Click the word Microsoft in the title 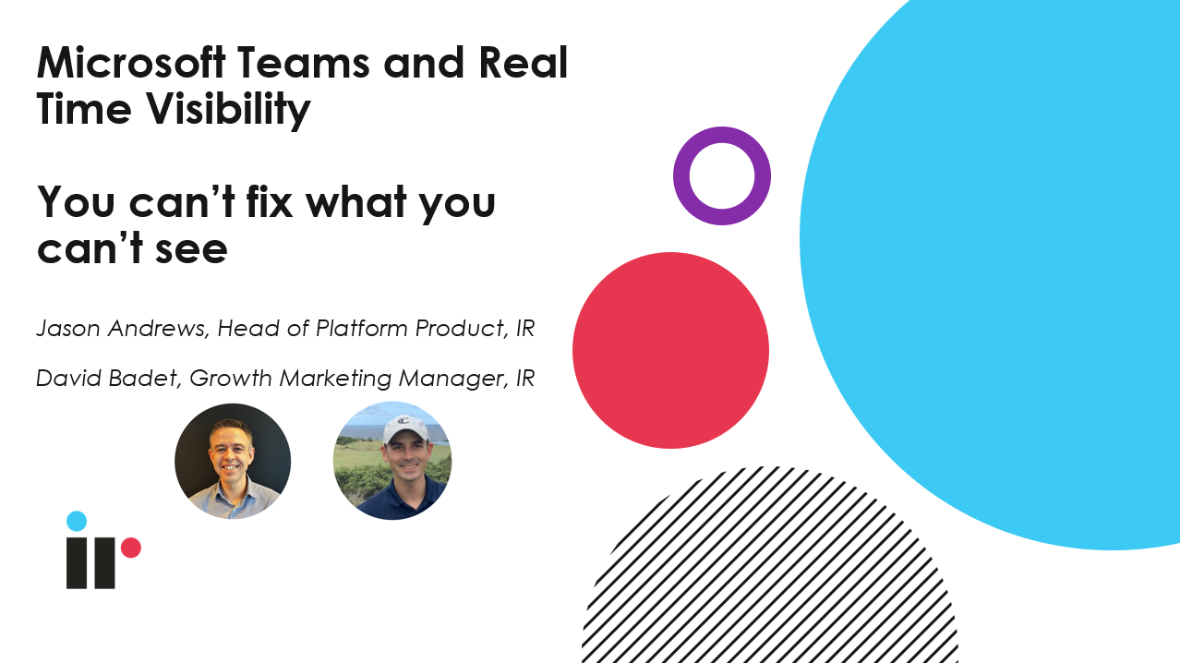131,63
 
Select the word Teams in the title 304,63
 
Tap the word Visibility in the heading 227,110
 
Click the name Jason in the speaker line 68,329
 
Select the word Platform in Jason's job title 361,329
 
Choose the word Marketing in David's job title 335,379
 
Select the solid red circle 670,351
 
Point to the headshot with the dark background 233,461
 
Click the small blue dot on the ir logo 77,521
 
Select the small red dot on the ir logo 130,548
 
